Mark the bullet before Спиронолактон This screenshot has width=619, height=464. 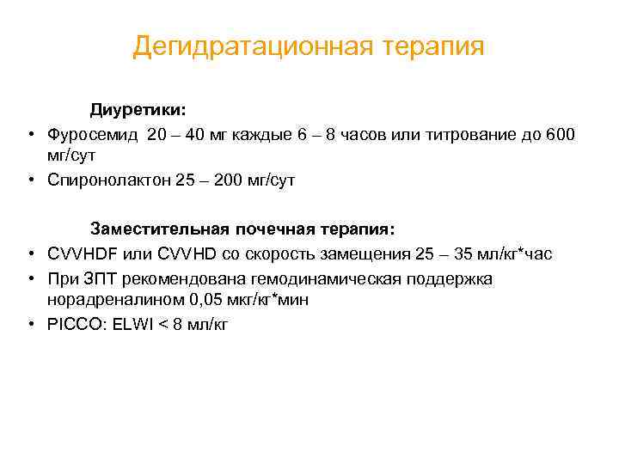(30, 181)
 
